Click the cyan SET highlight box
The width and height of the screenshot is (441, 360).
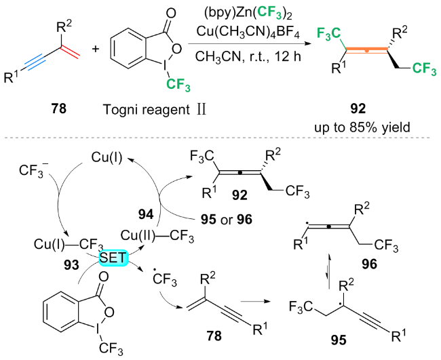[110, 258]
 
